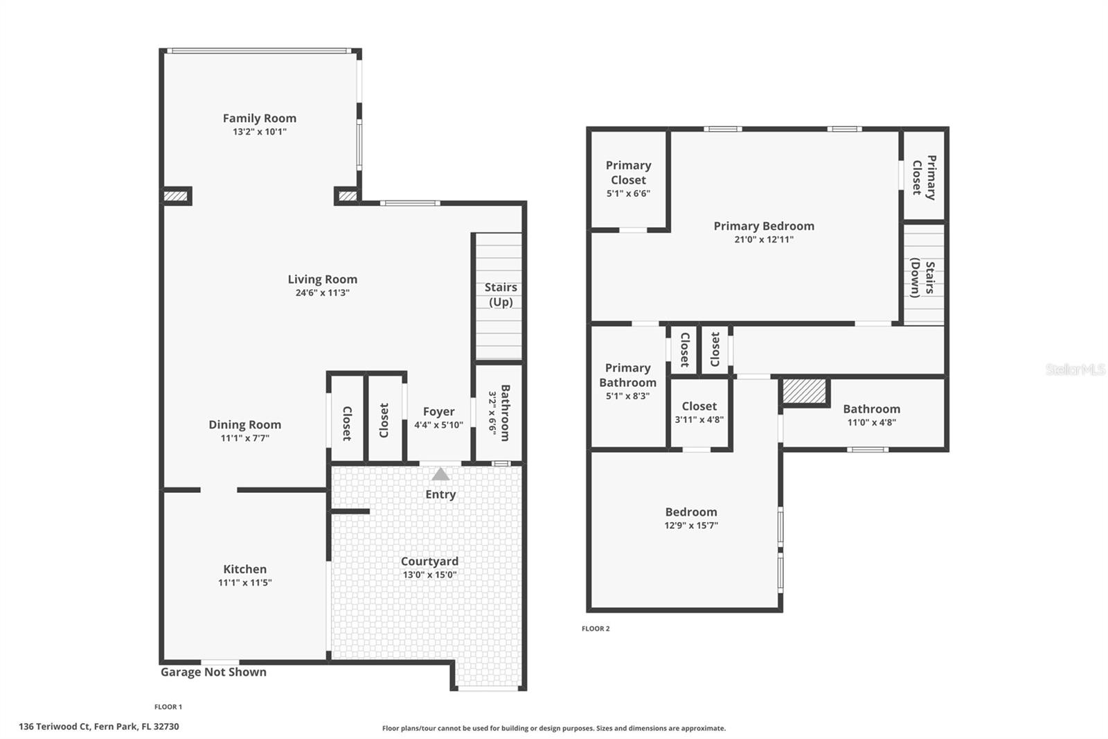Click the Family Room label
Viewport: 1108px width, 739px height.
coord(259,119)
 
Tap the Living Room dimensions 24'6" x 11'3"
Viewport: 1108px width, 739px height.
coord(322,293)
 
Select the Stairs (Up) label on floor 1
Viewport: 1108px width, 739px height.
coord(500,294)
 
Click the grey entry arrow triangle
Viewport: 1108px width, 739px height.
coord(440,474)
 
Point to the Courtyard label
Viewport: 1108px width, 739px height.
coord(429,562)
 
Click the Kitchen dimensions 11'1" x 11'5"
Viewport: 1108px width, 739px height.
coord(244,583)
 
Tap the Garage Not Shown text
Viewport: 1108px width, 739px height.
coord(213,672)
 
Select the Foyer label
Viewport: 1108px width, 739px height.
coord(438,412)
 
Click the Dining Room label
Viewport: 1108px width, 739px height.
coord(244,425)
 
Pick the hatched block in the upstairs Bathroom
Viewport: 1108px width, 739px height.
coord(804,391)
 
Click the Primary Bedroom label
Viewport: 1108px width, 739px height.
coord(763,226)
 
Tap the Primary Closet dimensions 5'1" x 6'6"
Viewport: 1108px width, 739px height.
coord(628,194)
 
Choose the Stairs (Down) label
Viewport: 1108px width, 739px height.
coord(922,277)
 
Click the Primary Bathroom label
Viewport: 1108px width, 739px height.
coord(627,375)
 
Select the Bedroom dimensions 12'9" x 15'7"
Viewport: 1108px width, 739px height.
coord(690,525)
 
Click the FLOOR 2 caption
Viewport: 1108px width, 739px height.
coord(596,629)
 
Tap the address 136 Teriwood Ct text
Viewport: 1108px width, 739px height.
coord(99,727)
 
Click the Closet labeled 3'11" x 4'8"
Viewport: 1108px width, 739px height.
coord(699,407)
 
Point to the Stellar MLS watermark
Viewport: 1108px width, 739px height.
coord(1075,370)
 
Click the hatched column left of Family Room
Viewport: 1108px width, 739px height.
coord(176,196)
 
